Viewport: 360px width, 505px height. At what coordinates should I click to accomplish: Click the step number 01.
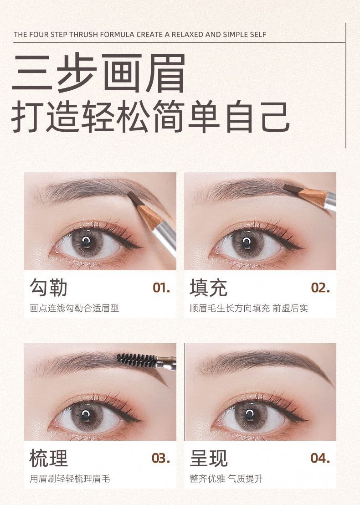161,288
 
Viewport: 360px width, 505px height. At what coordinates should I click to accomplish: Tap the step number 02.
320,288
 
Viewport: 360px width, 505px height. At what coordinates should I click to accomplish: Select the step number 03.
161,458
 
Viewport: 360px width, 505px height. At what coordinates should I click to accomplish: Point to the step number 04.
320,458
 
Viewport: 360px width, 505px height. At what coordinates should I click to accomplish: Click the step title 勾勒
49,287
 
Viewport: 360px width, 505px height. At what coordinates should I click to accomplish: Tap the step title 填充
209,287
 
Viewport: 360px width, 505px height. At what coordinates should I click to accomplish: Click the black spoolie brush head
136,360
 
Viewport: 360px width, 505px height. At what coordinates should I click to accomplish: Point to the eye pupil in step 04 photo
249,413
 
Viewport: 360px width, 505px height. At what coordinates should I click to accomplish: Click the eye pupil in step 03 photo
86,413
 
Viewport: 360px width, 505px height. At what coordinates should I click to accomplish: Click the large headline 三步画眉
98,73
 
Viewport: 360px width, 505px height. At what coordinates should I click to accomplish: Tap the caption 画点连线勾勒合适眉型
74,308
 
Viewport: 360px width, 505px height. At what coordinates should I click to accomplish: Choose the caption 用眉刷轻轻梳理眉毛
70,479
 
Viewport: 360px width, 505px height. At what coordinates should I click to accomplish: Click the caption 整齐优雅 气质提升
226,479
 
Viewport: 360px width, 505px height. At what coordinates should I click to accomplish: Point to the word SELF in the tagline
257,35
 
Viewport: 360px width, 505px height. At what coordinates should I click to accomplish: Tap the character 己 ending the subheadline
276,117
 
